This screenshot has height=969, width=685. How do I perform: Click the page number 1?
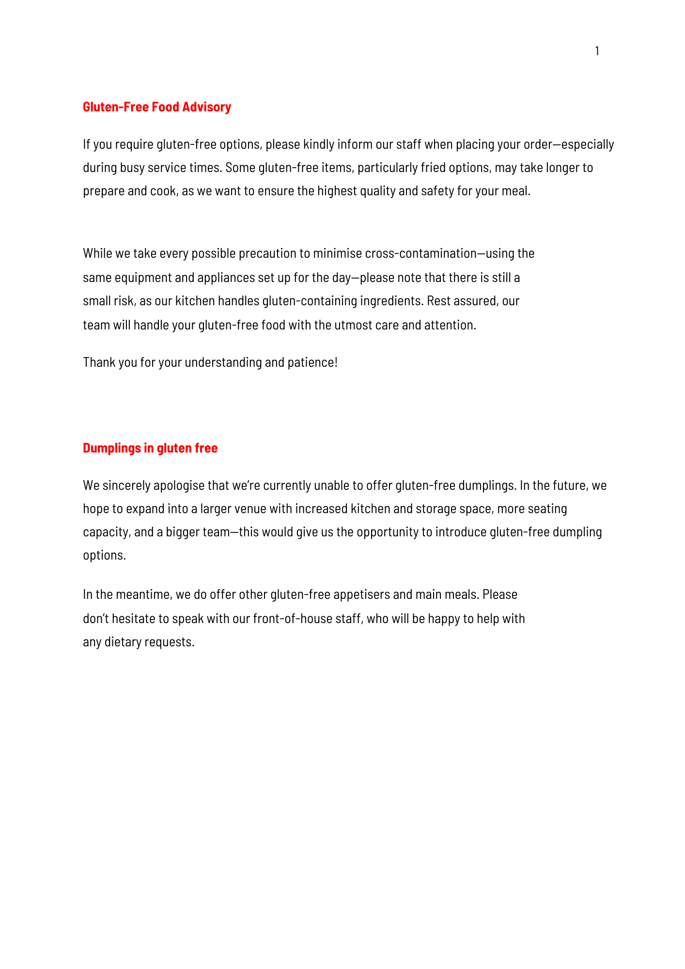click(597, 51)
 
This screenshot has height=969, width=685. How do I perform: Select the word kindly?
click(319, 144)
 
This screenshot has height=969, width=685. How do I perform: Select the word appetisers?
click(361, 594)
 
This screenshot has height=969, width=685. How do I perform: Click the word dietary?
click(123, 642)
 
